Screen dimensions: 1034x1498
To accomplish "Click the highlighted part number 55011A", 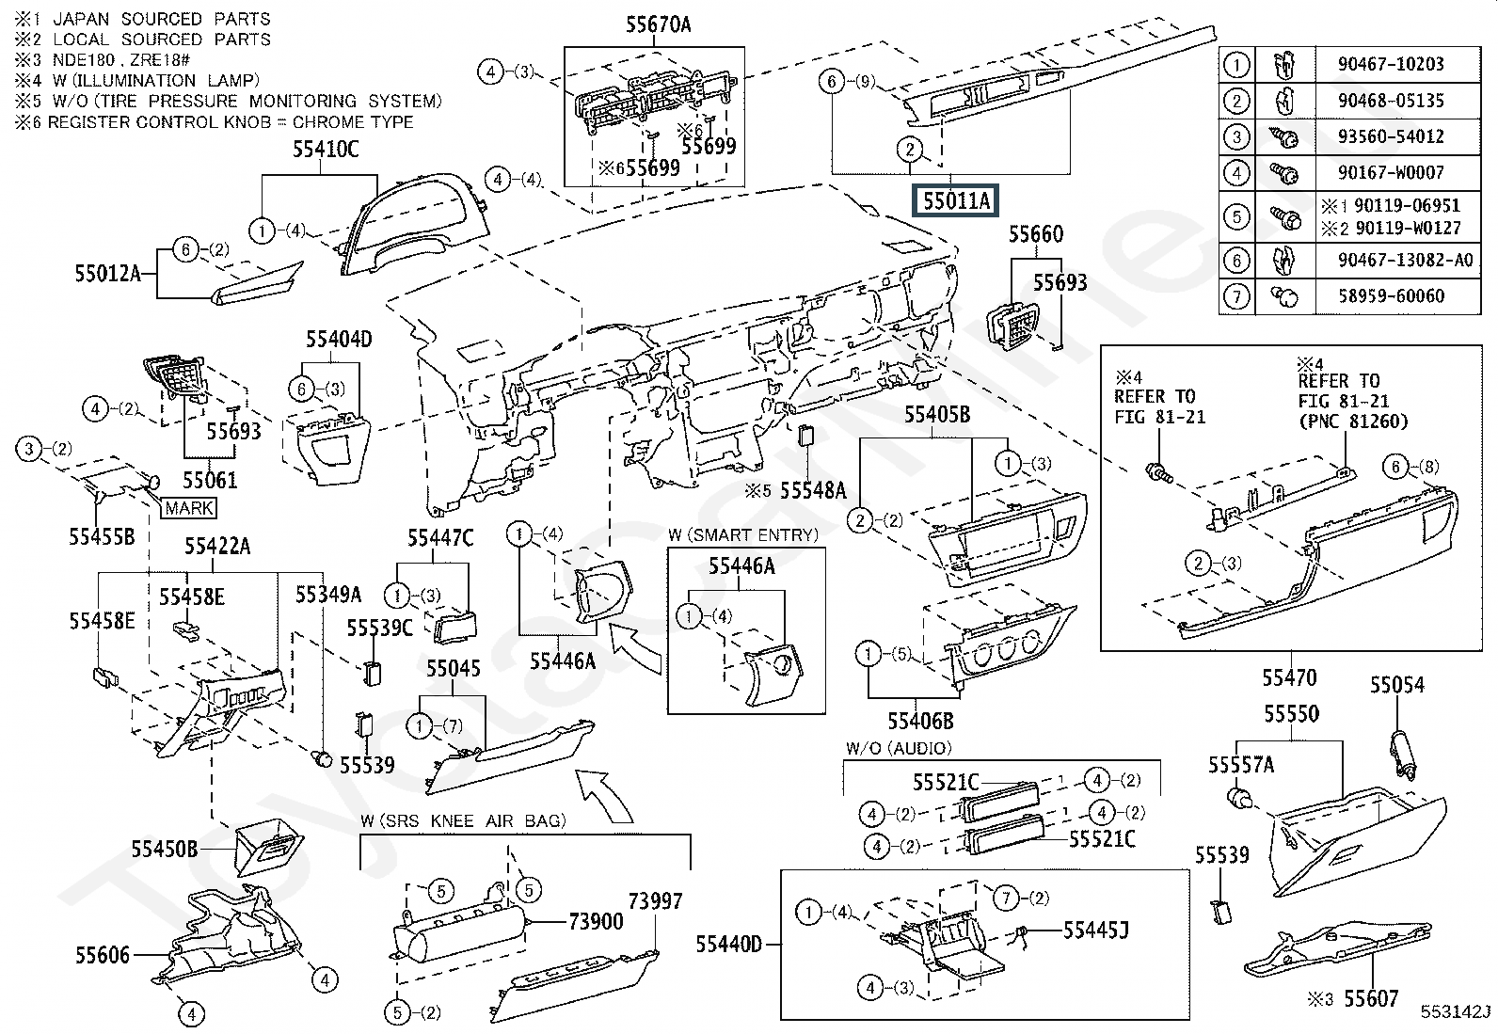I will point(955,200).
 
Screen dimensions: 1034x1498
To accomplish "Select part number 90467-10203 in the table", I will point(1390,64).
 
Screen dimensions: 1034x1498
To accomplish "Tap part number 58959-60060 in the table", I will point(1390,296).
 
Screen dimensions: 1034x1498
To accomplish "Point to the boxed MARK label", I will point(189,508).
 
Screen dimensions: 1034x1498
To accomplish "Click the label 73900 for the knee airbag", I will point(596,921).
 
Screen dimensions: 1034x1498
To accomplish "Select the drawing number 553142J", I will point(1456,1012).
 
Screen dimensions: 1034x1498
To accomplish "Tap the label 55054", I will point(1396,685).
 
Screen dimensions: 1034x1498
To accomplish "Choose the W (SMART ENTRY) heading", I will point(743,535).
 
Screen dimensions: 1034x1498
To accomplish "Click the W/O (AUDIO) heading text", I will point(899,748).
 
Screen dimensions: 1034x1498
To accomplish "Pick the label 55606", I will point(103,956).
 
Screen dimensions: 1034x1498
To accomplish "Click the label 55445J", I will point(1095,931).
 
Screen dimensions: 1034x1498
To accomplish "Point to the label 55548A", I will point(813,490).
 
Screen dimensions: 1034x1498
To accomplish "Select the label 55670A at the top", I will point(658,25).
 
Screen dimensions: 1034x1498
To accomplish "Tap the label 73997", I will point(655,900).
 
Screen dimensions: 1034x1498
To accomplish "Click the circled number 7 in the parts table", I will point(1235,297).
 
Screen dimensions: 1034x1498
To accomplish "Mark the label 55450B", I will point(164,849).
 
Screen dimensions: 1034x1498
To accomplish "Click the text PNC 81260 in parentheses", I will point(1353,422).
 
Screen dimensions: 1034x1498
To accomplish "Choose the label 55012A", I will point(107,274).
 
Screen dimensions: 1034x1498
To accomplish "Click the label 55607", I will point(1371,998).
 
